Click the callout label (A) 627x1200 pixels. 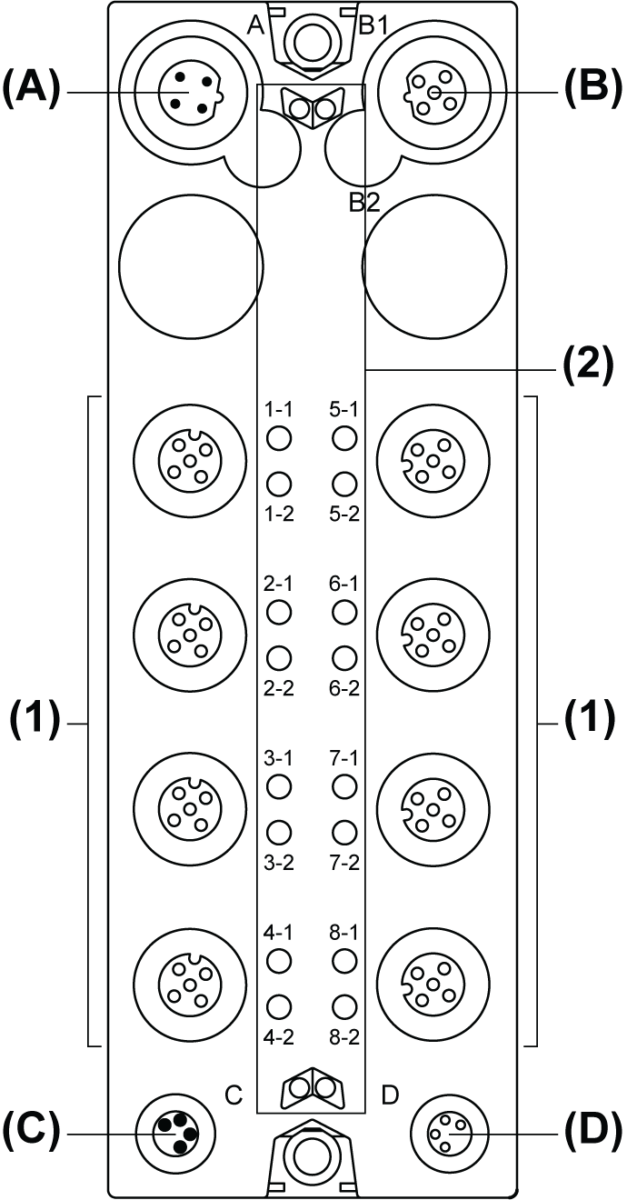(31, 92)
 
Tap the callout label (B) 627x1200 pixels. (592, 92)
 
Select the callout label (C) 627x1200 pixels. (31, 1134)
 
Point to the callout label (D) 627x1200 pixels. (592, 1134)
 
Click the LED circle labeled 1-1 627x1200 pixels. (279, 438)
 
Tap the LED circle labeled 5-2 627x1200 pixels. (343, 483)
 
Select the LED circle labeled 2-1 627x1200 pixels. (279, 613)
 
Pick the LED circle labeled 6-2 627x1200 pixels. (343, 657)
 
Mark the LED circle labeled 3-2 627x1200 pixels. (279, 831)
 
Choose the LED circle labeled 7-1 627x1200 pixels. (343, 786)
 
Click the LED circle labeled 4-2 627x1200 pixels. (279, 1005)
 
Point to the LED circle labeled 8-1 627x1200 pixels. (343, 961)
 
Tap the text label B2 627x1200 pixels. (364, 203)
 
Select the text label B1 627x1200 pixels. (373, 25)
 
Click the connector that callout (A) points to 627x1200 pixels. (189, 93)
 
